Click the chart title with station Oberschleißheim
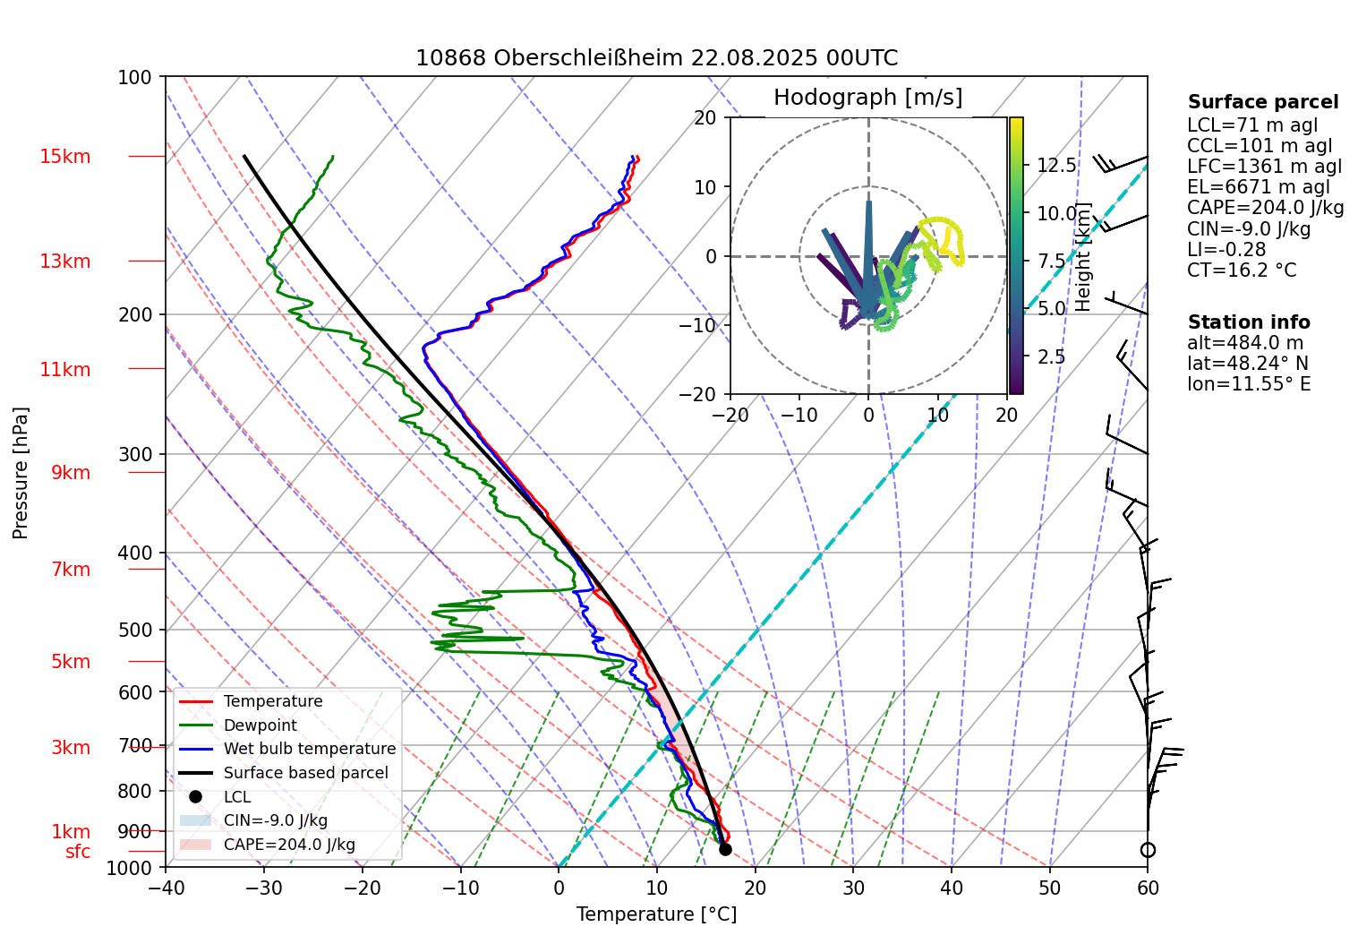pyautogui.click(x=656, y=58)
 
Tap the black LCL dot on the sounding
pyautogui.click(x=725, y=849)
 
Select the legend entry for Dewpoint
pyautogui.click(x=260, y=725)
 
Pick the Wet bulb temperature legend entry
pyautogui.click(x=309, y=749)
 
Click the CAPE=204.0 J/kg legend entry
pyautogui.click(x=288, y=845)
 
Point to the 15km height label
pyautogui.click(x=64, y=157)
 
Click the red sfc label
pyautogui.click(x=78, y=852)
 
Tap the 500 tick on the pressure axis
pyautogui.click(x=135, y=630)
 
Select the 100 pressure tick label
pyautogui.click(x=135, y=77)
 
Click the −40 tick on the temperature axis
pyautogui.click(x=166, y=888)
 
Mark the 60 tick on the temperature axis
pyautogui.click(x=1148, y=888)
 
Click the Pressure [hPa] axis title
pyautogui.click(x=21, y=473)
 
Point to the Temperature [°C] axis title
pyautogui.click(x=656, y=914)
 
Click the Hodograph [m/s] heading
pyautogui.click(x=867, y=97)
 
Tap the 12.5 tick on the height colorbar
pyautogui.click(x=1056, y=166)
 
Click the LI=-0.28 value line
pyautogui.click(x=1226, y=250)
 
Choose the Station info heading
pyautogui.click(x=1248, y=322)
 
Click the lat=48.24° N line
pyautogui.click(x=1247, y=364)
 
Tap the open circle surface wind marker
pyautogui.click(x=1148, y=850)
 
